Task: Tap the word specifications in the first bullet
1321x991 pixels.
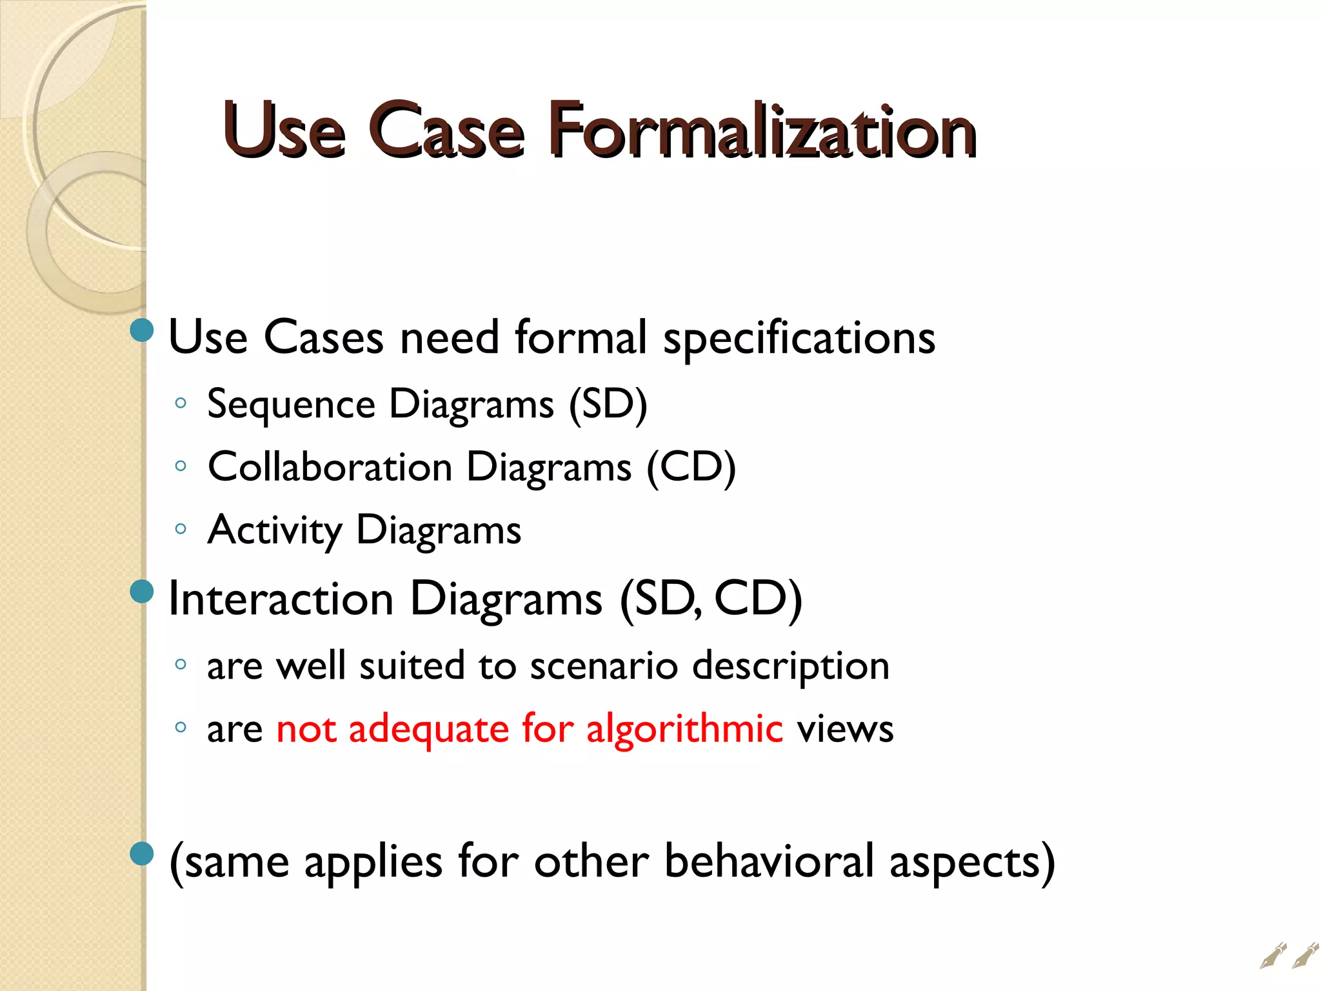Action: click(799, 338)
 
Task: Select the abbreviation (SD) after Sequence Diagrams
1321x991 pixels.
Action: click(608, 405)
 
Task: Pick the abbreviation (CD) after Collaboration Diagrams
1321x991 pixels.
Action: click(691, 467)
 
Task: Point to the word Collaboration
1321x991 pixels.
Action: click(330, 467)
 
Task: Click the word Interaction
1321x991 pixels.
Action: click(281, 599)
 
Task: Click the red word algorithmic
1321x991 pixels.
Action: click(684, 729)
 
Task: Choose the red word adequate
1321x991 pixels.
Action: click(429, 729)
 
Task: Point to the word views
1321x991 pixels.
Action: click(845, 729)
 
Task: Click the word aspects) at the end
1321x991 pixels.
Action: click(972, 863)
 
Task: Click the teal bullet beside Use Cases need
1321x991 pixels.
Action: click(142, 330)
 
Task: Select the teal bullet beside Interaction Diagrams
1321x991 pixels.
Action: click(142, 591)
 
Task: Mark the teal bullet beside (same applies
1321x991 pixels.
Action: click(142, 854)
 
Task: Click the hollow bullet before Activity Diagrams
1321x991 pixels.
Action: click(181, 529)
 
